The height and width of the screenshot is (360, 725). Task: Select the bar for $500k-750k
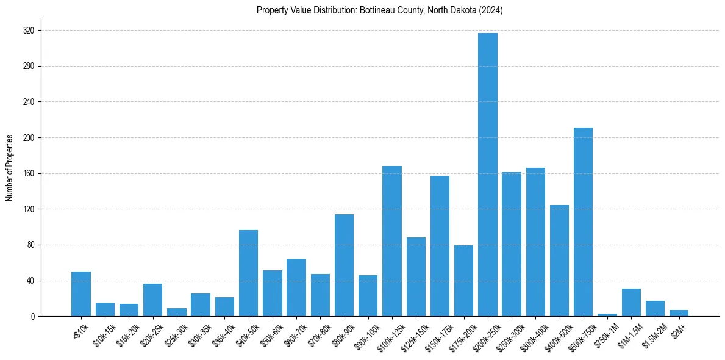(583, 222)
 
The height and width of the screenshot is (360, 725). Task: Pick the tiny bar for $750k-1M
(607, 315)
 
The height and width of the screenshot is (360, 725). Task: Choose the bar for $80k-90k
(344, 265)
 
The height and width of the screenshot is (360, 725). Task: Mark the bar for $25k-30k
(177, 312)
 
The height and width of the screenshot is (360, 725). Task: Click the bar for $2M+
(679, 313)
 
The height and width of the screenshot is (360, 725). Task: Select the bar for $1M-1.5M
(631, 303)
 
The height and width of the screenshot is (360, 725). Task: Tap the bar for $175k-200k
(463, 281)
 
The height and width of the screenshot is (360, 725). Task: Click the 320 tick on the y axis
(29, 31)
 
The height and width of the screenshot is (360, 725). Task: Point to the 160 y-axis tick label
(29, 174)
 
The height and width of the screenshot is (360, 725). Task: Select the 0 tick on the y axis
(32, 317)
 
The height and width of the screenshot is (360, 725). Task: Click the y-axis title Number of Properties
(9, 168)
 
